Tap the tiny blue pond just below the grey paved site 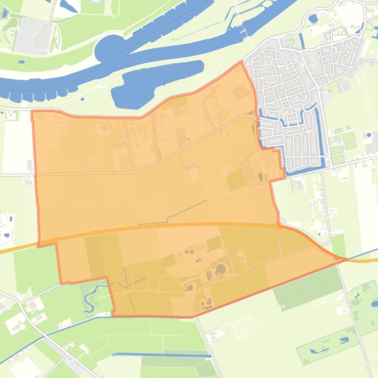click(x=21, y=62)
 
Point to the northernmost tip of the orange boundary click(x=241, y=62)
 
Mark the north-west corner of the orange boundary click(x=32, y=112)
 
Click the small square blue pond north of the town click(x=313, y=19)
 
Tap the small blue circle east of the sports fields click(x=369, y=135)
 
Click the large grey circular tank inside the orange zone click(x=220, y=269)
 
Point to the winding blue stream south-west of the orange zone click(x=91, y=297)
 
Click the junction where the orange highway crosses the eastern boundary click(x=278, y=226)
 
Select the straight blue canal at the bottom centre click(x=157, y=354)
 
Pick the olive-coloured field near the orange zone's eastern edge click(x=236, y=180)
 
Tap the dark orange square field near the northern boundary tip click(x=240, y=92)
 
